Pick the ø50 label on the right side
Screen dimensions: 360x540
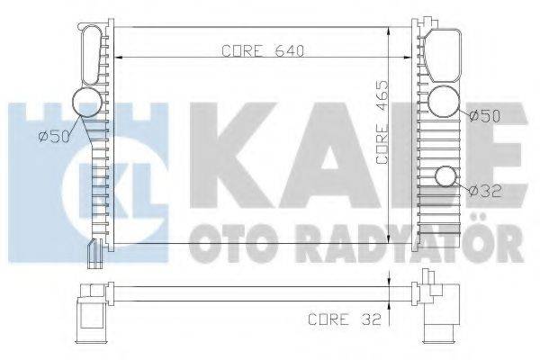[x=483, y=114]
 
